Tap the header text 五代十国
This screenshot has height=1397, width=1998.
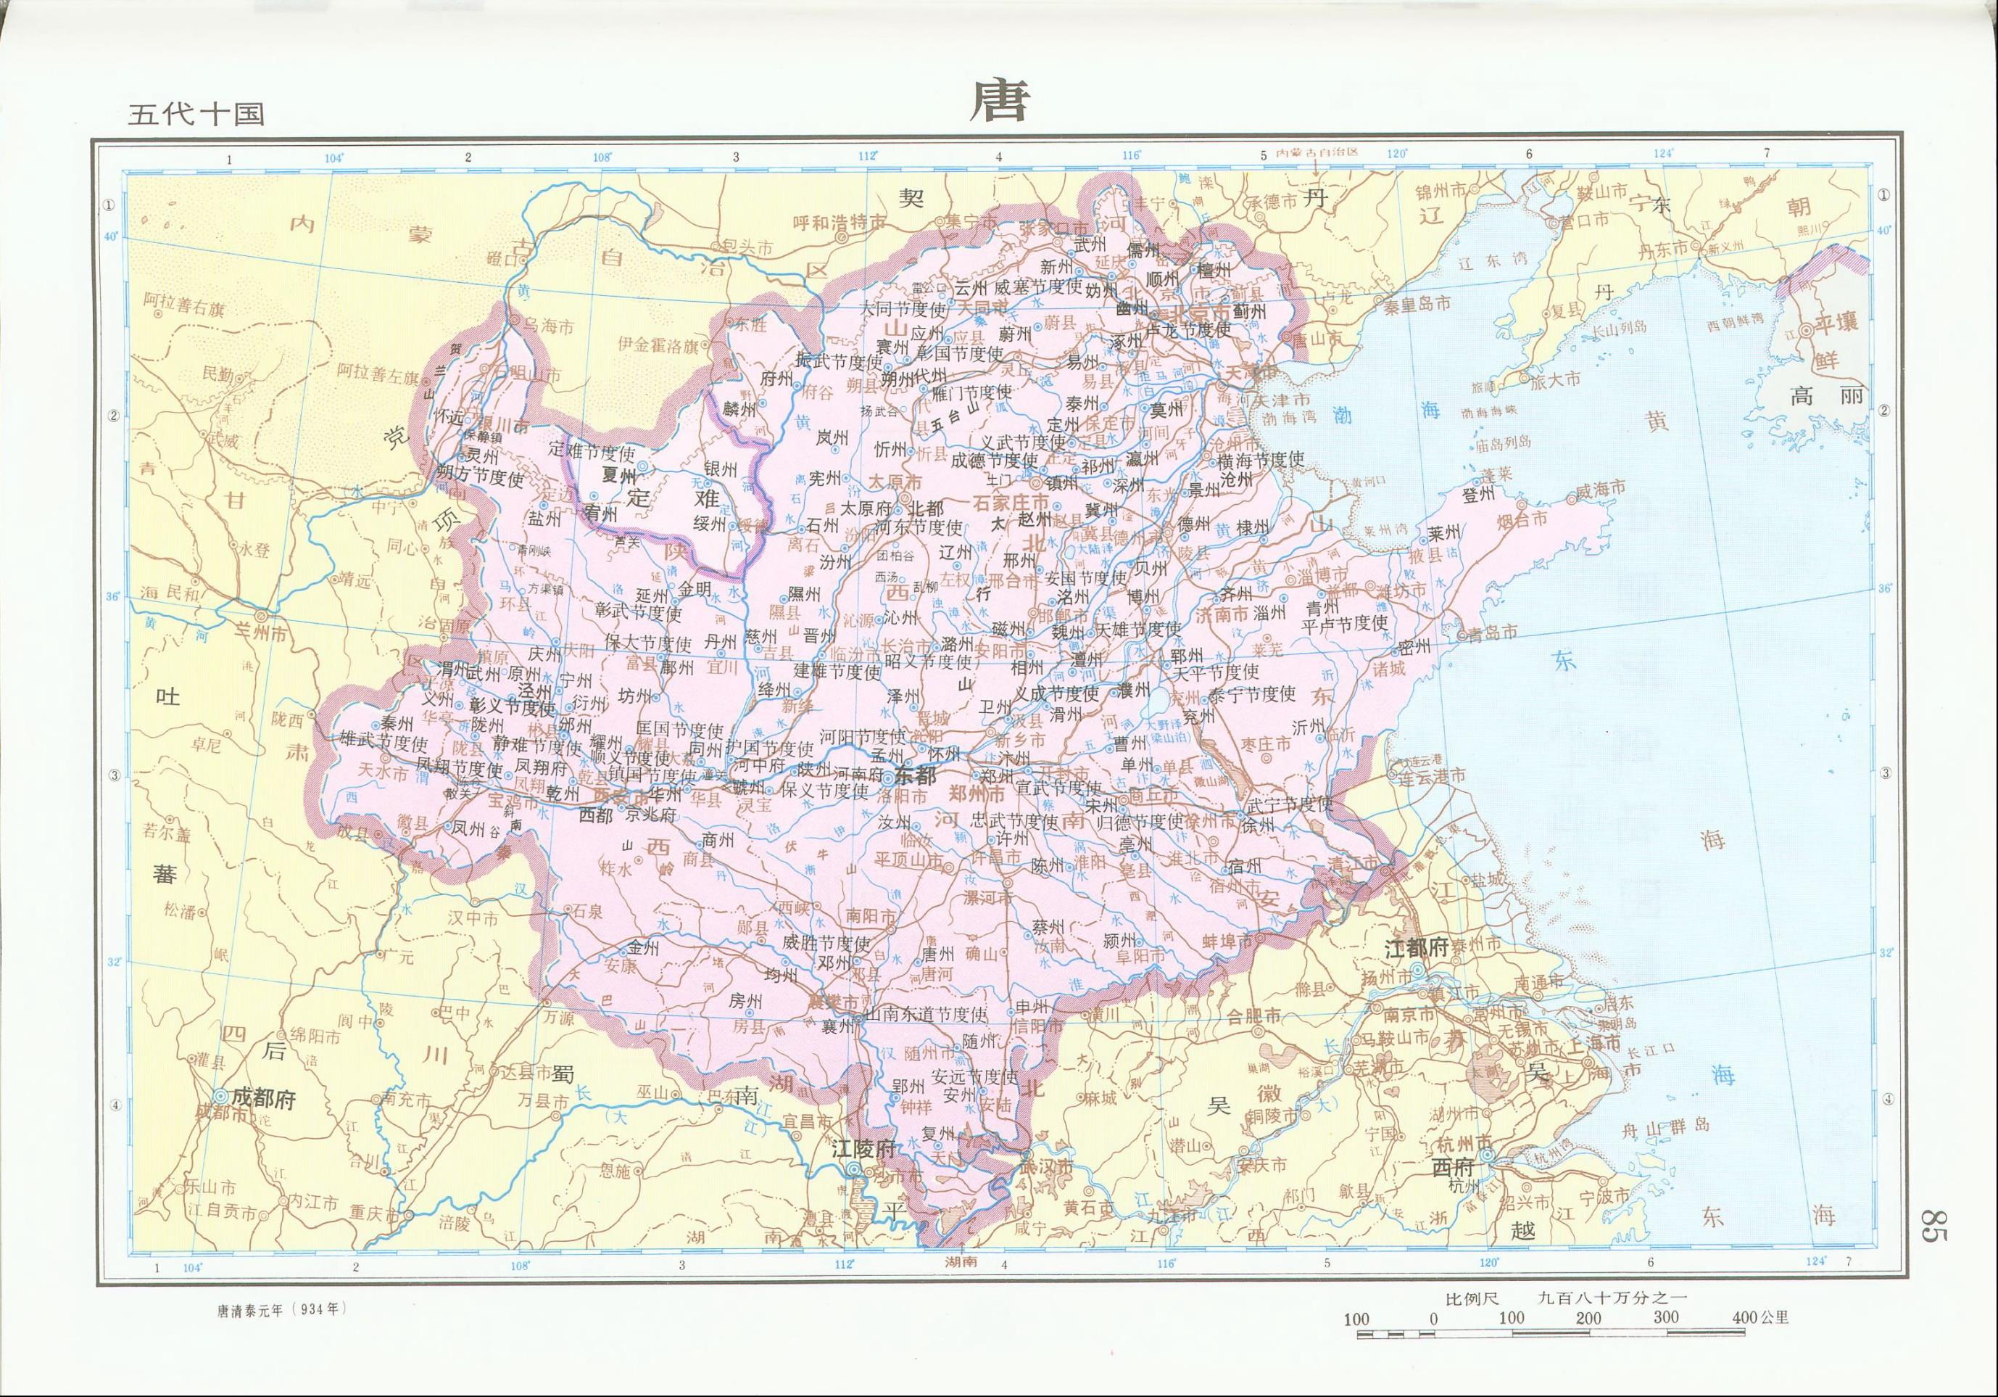(195, 114)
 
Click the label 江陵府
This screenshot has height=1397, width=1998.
(863, 1148)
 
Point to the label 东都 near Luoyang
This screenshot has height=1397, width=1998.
(915, 775)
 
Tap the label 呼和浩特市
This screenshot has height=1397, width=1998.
(839, 223)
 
